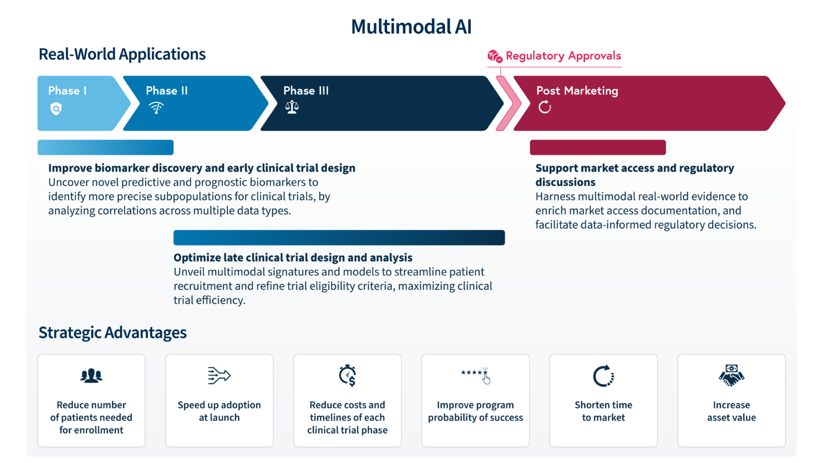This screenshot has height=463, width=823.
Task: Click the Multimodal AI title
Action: click(411, 27)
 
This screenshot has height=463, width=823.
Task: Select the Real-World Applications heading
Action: click(122, 54)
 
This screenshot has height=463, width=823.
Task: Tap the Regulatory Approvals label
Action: click(563, 56)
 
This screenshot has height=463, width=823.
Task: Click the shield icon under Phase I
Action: click(56, 109)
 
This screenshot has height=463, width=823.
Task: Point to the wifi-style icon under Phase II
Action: click(156, 108)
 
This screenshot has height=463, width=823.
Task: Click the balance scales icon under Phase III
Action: click(292, 107)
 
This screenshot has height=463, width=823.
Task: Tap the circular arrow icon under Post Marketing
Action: click(545, 107)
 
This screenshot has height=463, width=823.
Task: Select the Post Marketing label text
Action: click(577, 91)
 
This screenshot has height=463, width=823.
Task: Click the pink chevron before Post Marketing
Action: click(507, 103)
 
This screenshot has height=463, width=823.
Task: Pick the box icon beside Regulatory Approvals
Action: click(495, 56)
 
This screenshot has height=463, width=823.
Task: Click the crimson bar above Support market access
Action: click(597, 147)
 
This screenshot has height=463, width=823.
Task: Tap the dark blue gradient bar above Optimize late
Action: click(339, 237)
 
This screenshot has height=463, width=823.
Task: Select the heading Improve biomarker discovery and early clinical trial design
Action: click(201, 168)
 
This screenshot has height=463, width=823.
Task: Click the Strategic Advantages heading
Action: click(113, 333)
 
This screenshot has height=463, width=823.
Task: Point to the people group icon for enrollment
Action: click(91, 376)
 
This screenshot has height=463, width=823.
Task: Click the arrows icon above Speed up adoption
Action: click(219, 376)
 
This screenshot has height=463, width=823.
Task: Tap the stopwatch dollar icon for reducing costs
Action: click(347, 376)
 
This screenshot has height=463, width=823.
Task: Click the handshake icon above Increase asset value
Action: click(731, 376)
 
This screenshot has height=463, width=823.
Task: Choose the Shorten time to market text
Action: click(603, 411)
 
